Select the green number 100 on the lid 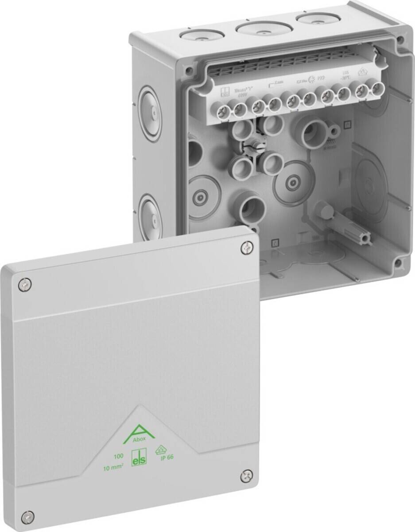click(x=118, y=455)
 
